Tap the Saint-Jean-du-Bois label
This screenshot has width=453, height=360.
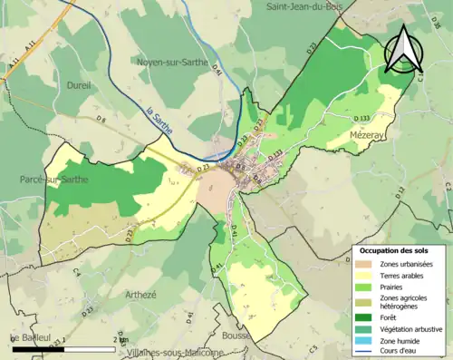click(x=309, y=7)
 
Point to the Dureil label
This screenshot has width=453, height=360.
click(x=79, y=85)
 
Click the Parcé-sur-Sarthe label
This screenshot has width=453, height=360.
click(x=54, y=180)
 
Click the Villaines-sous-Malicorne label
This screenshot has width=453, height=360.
click(x=176, y=352)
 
